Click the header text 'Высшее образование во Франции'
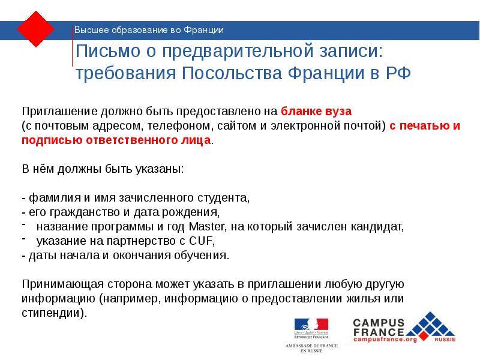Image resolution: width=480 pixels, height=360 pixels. pyautogui.click(x=149, y=29)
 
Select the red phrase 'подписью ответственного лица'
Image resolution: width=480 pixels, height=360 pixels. pyautogui.click(x=116, y=140)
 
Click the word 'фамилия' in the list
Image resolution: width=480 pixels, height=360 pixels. pyautogui.click(x=46, y=197)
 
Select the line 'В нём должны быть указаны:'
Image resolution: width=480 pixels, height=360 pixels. pyautogui.click(x=103, y=169)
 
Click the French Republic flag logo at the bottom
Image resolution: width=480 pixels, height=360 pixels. pyautogui.click(x=311, y=327)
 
